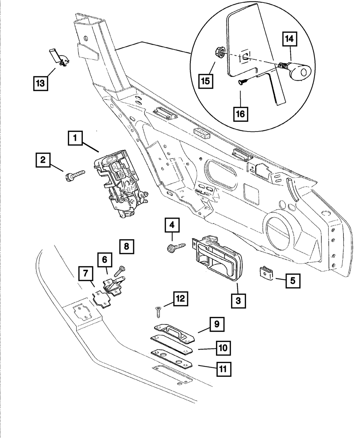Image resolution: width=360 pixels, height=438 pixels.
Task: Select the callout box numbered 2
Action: coord(43,160)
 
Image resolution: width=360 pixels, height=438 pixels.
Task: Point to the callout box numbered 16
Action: coord(240,114)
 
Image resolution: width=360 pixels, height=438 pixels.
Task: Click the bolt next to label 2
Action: coord(75,175)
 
